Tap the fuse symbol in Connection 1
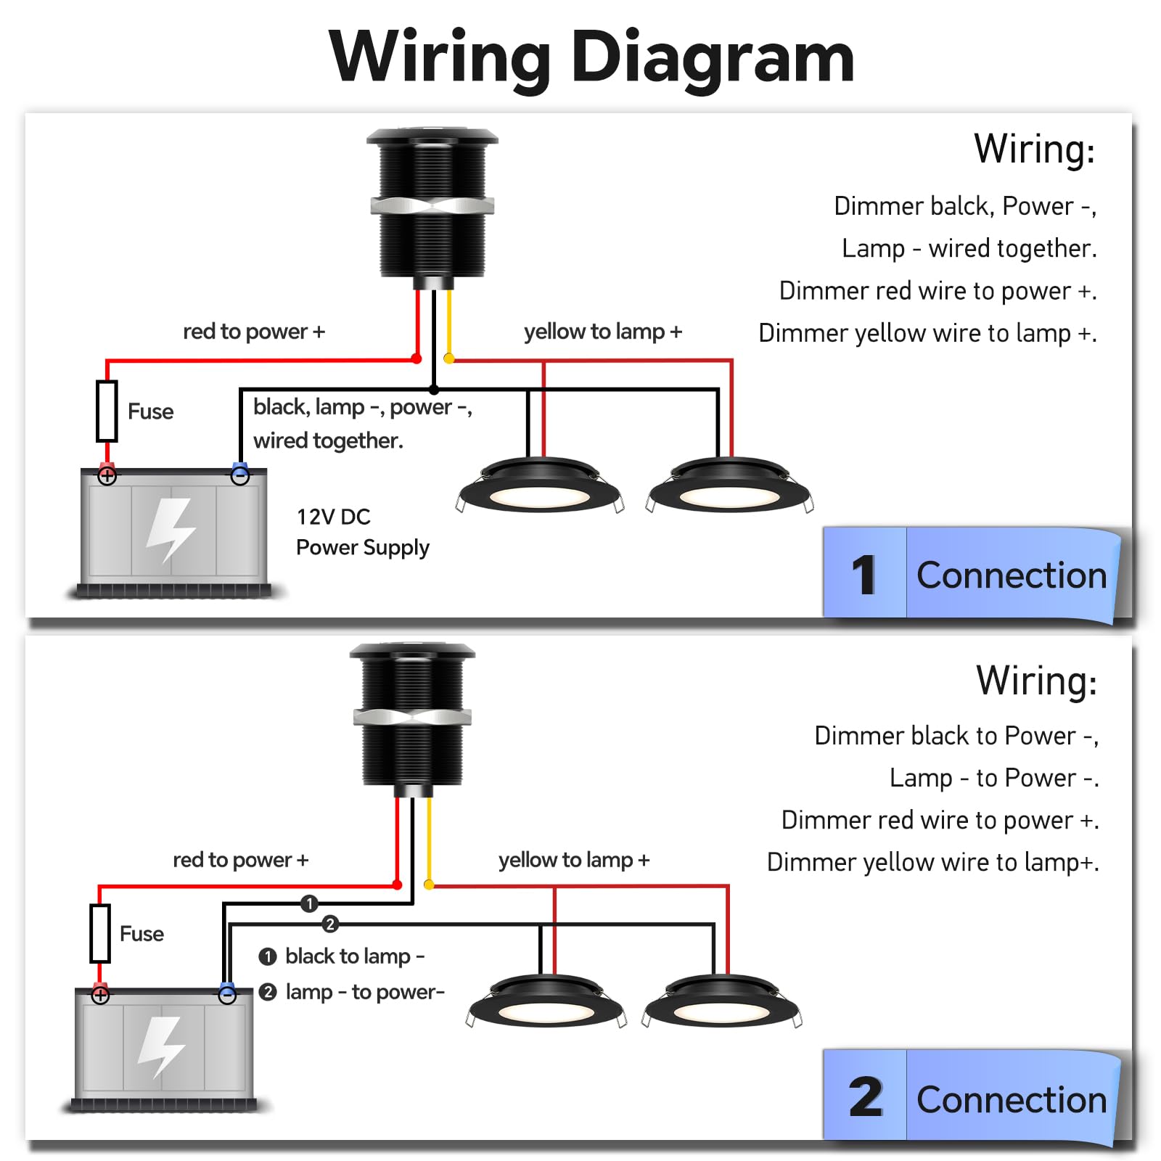pyautogui.click(x=107, y=411)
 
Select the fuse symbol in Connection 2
pyautogui.click(x=100, y=933)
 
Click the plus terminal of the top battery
pyautogui.click(x=107, y=476)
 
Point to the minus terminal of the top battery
pyautogui.click(x=239, y=476)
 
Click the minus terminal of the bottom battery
pyautogui.click(x=227, y=995)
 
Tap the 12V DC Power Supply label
pyautogui.click(x=362, y=532)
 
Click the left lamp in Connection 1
pyautogui.click(x=539, y=486)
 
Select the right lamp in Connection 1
pyautogui.click(x=729, y=486)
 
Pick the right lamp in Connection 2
pyautogui.click(x=722, y=1003)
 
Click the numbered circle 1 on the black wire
pyautogui.click(x=309, y=903)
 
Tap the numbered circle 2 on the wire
pyautogui.click(x=330, y=924)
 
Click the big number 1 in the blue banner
pyautogui.click(x=863, y=575)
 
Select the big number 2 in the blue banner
pyautogui.click(x=865, y=1098)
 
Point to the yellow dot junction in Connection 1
pyautogui.click(x=448, y=358)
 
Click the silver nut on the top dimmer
pyautogui.click(x=432, y=205)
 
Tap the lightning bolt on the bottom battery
pyautogui.click(x=163, y=1046)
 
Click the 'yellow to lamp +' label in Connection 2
pyautogui.click(x=573, y=860)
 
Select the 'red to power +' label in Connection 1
pyautogui.click(x=253, y=332)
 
